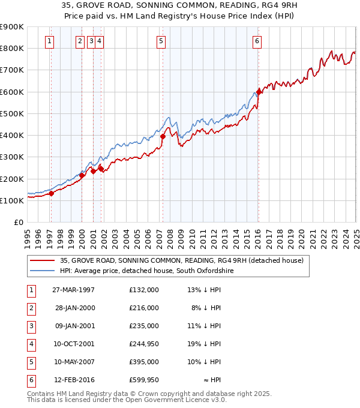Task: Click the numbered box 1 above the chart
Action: click(x=49, y=41)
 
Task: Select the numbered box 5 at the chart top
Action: click(x=162, y=41)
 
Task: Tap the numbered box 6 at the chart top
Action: click(x=257, y=41)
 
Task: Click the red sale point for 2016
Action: click(x=259, y=92)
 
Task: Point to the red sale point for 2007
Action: click(x=163, y=137)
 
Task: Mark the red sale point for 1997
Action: click(x=52, y=194)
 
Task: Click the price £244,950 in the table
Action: click(x=144, y=344)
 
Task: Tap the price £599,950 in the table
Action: click(x=144, y=380)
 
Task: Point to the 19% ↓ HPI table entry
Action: click(x=204, y=344)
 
